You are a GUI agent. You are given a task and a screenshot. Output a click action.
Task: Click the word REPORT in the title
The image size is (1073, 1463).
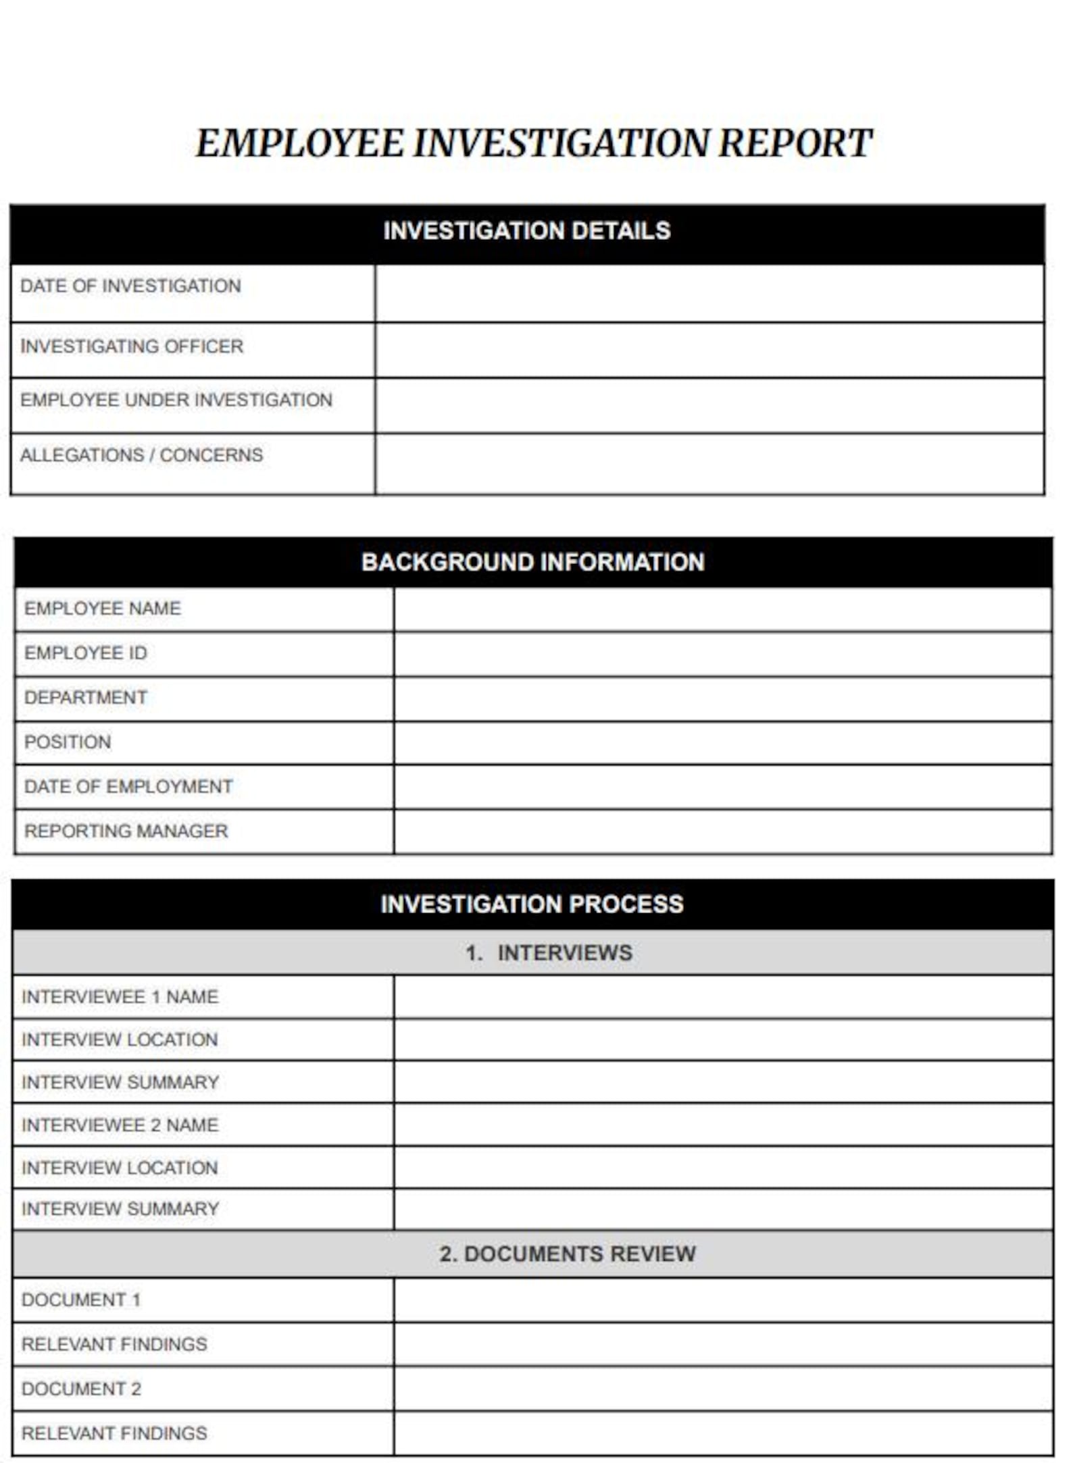(x=794, y=143)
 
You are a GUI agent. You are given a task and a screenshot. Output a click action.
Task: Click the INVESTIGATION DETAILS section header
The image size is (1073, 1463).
(x=526, y=231)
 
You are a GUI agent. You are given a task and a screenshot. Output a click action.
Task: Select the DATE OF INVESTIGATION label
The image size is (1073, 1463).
(x=130, y=286)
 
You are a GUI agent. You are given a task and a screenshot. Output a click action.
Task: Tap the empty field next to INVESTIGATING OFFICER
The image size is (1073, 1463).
(x=709, y=350)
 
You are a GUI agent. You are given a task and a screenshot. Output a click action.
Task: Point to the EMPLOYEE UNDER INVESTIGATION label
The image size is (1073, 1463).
(x=176, y=400)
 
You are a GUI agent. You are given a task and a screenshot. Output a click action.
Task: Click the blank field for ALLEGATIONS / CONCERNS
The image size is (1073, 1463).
(x=709, y=463)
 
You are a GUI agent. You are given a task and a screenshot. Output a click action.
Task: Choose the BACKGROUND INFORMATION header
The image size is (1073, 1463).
(x=532, y=562)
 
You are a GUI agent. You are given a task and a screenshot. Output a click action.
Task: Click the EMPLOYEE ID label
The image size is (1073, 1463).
(x=86, y=653)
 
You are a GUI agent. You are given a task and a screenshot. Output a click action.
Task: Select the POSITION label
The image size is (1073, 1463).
(x=68, y=742)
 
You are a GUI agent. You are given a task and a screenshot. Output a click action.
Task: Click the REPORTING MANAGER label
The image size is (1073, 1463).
(x=126, y=831)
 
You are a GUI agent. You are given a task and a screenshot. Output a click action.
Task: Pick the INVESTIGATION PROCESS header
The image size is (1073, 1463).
(x=532, y=904)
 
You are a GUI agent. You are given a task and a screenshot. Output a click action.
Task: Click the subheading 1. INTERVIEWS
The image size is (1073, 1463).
(x=548, y=952)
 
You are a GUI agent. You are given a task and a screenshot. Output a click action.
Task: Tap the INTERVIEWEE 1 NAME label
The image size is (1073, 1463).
(x=120, y=997)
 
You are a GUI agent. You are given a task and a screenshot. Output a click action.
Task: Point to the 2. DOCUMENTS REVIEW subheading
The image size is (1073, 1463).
(x=566, y=1254)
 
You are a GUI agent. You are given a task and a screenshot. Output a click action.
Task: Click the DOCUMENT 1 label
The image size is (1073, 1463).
(x=81, y=1300)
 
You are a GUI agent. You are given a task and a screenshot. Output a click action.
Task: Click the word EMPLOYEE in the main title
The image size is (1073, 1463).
(x=300, y=143)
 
